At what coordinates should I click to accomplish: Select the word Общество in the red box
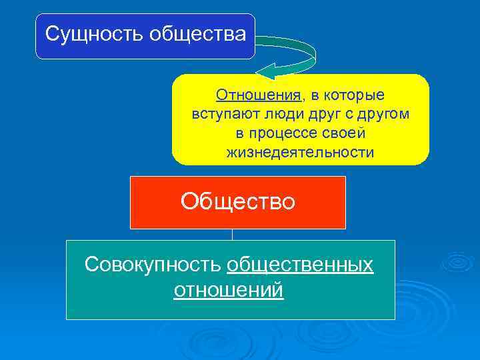point(237,201)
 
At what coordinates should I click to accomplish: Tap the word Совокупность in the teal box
point(153,264)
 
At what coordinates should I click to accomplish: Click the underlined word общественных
point(300,264)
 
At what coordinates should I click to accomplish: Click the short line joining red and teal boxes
point(232,234)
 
